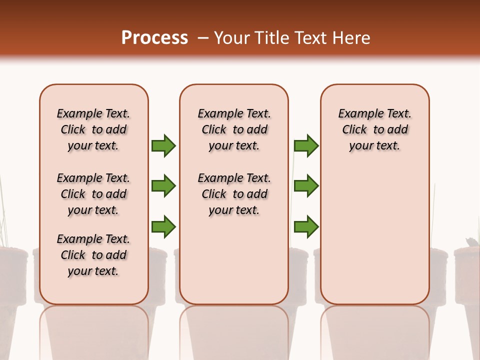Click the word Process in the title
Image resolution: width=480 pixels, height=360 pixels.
click(154, 38)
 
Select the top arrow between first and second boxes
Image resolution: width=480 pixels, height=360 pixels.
click(163, 145)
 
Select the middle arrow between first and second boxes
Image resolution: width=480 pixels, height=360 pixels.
click(163, 186)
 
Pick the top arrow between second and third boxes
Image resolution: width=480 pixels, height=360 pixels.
click(306, 145)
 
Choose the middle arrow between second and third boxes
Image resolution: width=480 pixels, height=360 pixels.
click(306, 186)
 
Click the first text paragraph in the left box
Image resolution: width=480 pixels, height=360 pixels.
click(93, 129)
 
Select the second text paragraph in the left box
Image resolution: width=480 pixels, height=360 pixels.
click(93, 194)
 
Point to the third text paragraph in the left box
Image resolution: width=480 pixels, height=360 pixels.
click(93, 255)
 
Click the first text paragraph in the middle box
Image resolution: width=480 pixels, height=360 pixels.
click(234, 129)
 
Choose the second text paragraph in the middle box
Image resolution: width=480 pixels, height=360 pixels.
click(234, 194)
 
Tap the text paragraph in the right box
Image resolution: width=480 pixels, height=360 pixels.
click(374, 129)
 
